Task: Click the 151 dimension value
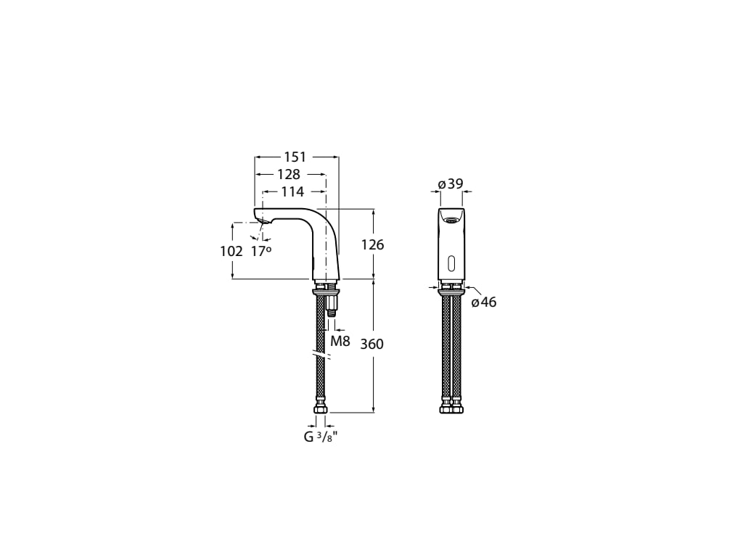point(295,157)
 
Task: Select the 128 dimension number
point(288,175)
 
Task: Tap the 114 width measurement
point(292,192)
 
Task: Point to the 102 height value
point(231,252)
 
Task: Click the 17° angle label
point(261,251)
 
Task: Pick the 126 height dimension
point(372,245)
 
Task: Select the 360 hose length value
point(371,344)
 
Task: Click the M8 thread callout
point(340,340)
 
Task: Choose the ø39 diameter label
point(451,184)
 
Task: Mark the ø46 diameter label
point(484,302)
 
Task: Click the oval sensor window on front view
point(451,263)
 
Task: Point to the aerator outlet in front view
point(451,220)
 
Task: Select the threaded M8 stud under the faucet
point(332,304)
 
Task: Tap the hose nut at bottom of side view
point(320,409)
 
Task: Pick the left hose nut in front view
point(446,409)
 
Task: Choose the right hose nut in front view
point(457,409)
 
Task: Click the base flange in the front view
point(451,292)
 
